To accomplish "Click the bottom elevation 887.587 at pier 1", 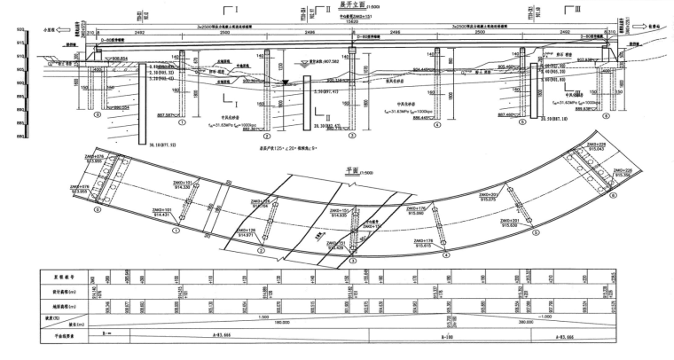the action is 164,114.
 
